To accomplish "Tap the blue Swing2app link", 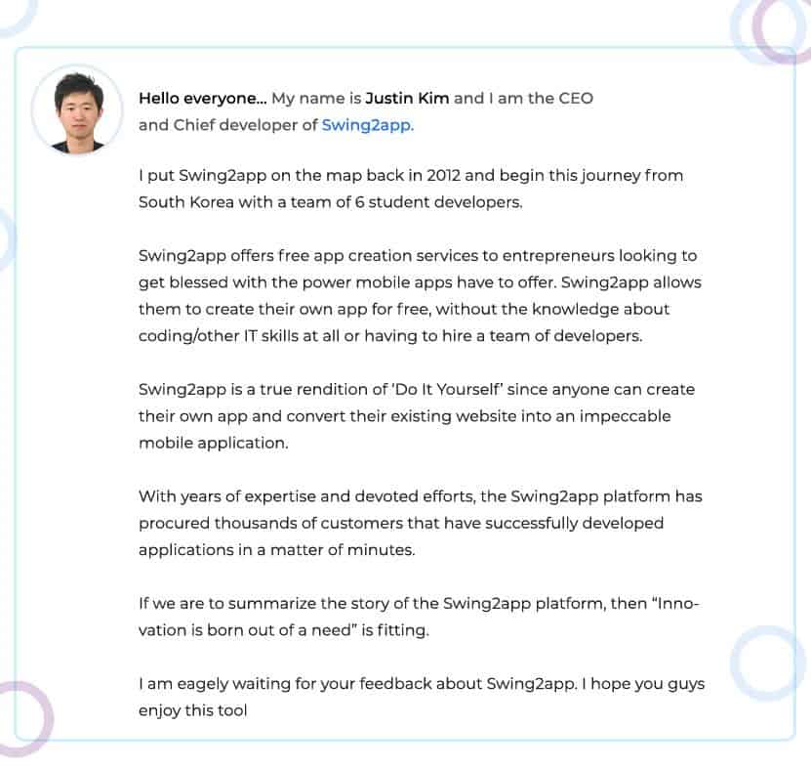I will pos(367,125).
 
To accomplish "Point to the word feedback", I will pos(400,683).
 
